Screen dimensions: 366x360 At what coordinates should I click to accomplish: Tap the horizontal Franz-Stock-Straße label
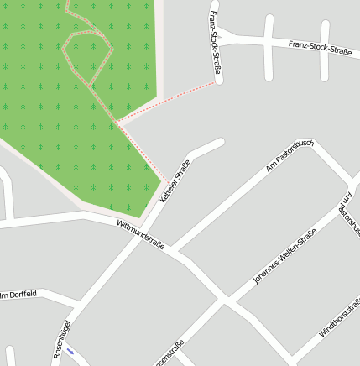[319, 47]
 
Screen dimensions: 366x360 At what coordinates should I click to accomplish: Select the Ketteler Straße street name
[175, 182]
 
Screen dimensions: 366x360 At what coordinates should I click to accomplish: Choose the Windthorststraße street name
[340, 317]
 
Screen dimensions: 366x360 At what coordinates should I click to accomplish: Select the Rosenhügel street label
[61, 339]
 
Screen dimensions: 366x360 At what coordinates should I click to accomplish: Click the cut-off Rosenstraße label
[169, 352]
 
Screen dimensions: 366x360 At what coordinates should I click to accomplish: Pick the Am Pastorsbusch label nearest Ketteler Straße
[289, 156]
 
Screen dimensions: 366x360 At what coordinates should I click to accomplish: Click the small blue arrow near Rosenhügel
[70, 351]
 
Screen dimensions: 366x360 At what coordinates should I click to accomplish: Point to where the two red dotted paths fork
[117, 124]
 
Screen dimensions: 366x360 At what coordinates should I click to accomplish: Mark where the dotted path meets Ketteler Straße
[164, 179]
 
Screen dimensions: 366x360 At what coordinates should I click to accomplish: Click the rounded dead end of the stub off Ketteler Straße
[222, 142]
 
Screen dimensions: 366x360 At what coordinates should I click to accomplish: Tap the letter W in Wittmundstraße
[120, 225]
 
